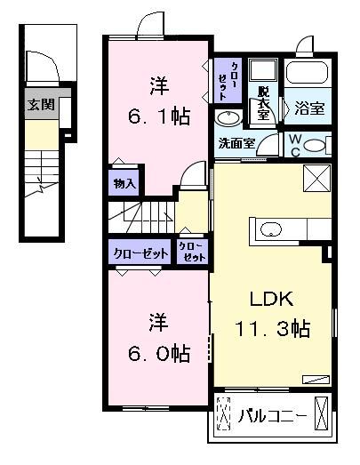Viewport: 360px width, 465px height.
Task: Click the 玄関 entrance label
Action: pyautogui.click(x=41, y=104)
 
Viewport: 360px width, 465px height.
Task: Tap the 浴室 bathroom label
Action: pyautogui.click(x=309, y=108)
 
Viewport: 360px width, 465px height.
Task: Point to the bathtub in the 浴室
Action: pyautogui.click(x=308, y=72)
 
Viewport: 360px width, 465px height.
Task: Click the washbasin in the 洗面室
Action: pyautogui.click(x=228, y=118)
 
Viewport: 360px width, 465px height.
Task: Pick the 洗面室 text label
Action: pyautogui.click(x=236, y=143)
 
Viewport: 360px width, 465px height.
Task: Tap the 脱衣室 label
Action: pyautogui.click(x=263, y=102)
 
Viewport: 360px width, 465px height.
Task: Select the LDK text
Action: pyautogui.click(x=272, y=299)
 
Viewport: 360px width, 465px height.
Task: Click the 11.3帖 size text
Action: pyautogui.click(x=272, y=329)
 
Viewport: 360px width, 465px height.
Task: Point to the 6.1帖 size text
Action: pyautogui.click(x=159, y=116)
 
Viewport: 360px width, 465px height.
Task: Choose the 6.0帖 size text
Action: pyautogui.click(x=159, y=353)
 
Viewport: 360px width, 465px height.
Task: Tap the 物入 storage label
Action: pyautogui.click(x=124, y=184)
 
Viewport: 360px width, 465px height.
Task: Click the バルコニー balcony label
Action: pyautogui.click(x=273, y=417)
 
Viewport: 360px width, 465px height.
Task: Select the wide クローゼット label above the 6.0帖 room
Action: pyautogui.click(x=140, y=253)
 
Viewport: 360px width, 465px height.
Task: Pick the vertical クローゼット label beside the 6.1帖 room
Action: pyautogui.click(x=228, y=80)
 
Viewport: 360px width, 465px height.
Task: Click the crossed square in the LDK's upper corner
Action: pyautogui.click(x=317, y=178)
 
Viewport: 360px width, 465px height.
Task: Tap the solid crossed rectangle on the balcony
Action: pyautogui.click(x=321, y=413)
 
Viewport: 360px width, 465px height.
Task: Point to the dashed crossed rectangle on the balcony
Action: pyautogui.click(x=223, y=413)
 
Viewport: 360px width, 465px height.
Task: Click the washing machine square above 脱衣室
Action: pyautogui.click(x=263, y=69)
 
